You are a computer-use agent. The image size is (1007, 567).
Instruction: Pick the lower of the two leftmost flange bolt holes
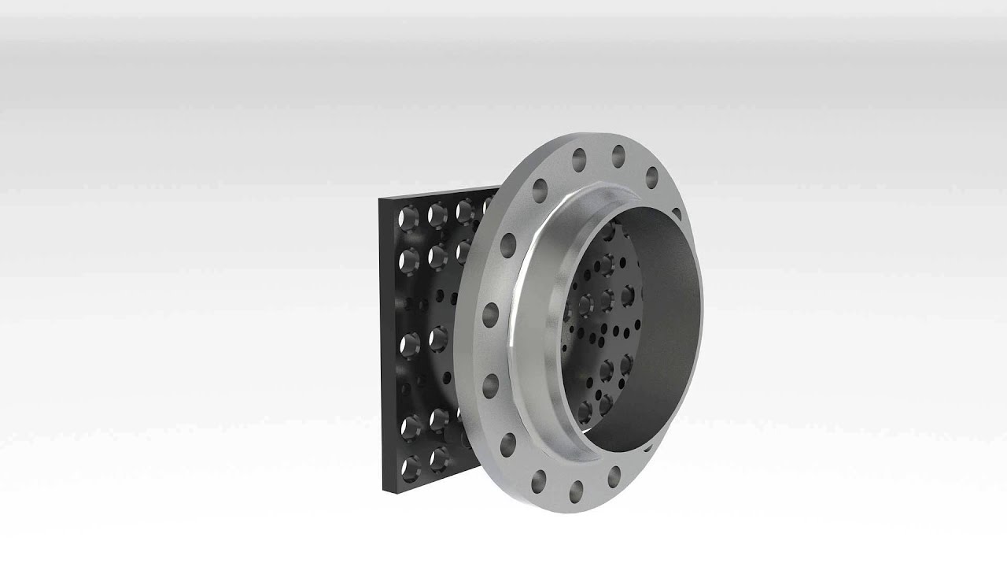pyautogui.click(x=490, y=384)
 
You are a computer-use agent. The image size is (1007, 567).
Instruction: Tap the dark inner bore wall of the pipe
pyautogui.click(x=669, y=331)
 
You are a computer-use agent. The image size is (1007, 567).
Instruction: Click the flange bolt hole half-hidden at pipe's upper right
pyautogui.click(x=677, y=214)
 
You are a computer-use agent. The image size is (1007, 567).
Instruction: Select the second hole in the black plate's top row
pyautogui.click(x=437, y=213)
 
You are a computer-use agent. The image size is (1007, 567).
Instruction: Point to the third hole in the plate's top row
pyautogui.click(x=464, y=210)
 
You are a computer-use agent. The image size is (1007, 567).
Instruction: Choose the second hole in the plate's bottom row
pyautogui.click(x=438, y=455)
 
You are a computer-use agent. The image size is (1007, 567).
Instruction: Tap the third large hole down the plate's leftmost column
pyautogui.click(x=410, y=343)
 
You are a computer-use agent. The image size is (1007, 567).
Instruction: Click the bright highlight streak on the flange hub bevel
pyautogui.click(x=515, y=315)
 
